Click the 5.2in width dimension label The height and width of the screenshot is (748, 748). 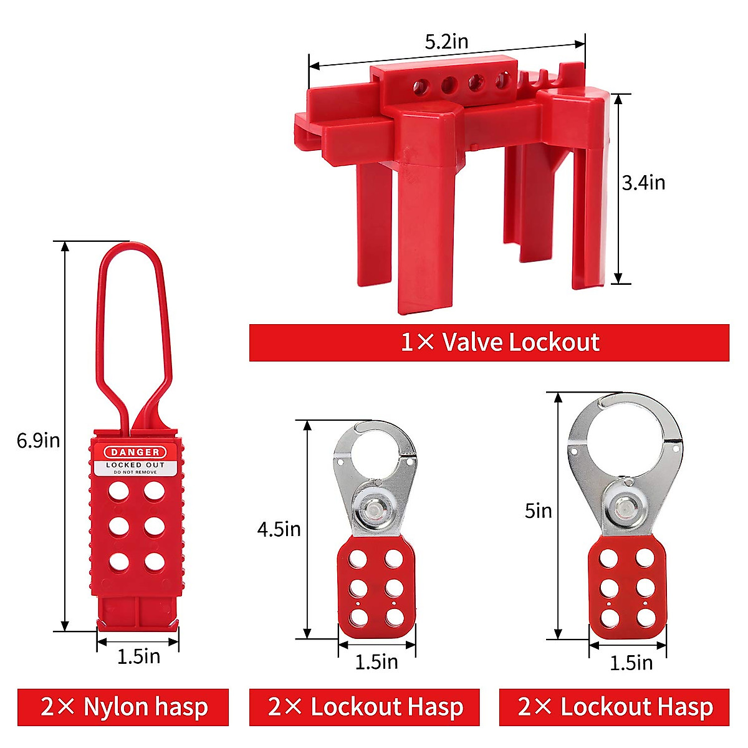(x=446, y=42)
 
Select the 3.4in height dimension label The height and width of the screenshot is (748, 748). (x=643, y=183)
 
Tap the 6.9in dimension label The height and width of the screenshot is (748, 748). (x=38, y=440)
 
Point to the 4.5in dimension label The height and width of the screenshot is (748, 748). (x=279, y=529)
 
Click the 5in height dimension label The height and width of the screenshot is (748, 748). (x=538, y=511)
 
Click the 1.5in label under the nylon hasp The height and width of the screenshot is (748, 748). (x=138, y=656)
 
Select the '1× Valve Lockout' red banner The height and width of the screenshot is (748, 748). (x=489, y=342)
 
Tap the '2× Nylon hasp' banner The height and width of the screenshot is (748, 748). (x=123, y=707)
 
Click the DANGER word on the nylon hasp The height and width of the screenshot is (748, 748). (x=135, y=452)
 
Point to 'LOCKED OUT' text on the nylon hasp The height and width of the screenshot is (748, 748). (x=135, y=465)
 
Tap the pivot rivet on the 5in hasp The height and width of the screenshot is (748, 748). (x=625, y=506)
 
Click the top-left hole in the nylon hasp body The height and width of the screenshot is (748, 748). (x=118, y=491)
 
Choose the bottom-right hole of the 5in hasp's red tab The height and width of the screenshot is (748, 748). (x=645, y=617)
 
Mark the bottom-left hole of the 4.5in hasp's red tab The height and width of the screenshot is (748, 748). (x=358, y=616)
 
